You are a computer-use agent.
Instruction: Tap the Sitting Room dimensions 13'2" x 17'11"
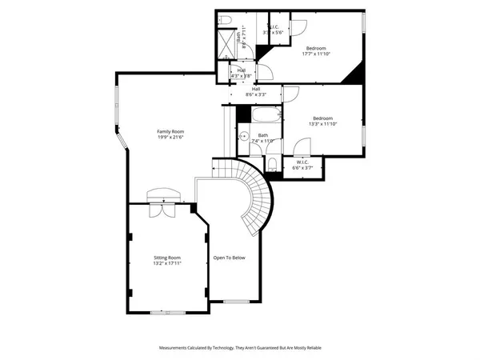[168, 264]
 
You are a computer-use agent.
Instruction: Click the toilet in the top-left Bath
[225, 19]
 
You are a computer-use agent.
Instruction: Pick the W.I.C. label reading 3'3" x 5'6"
[276, 30]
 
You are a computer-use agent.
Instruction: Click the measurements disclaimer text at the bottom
[240, 348]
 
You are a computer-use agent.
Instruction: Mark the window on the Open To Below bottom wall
[234, 302]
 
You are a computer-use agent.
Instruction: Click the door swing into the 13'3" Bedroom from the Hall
[290, 96]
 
